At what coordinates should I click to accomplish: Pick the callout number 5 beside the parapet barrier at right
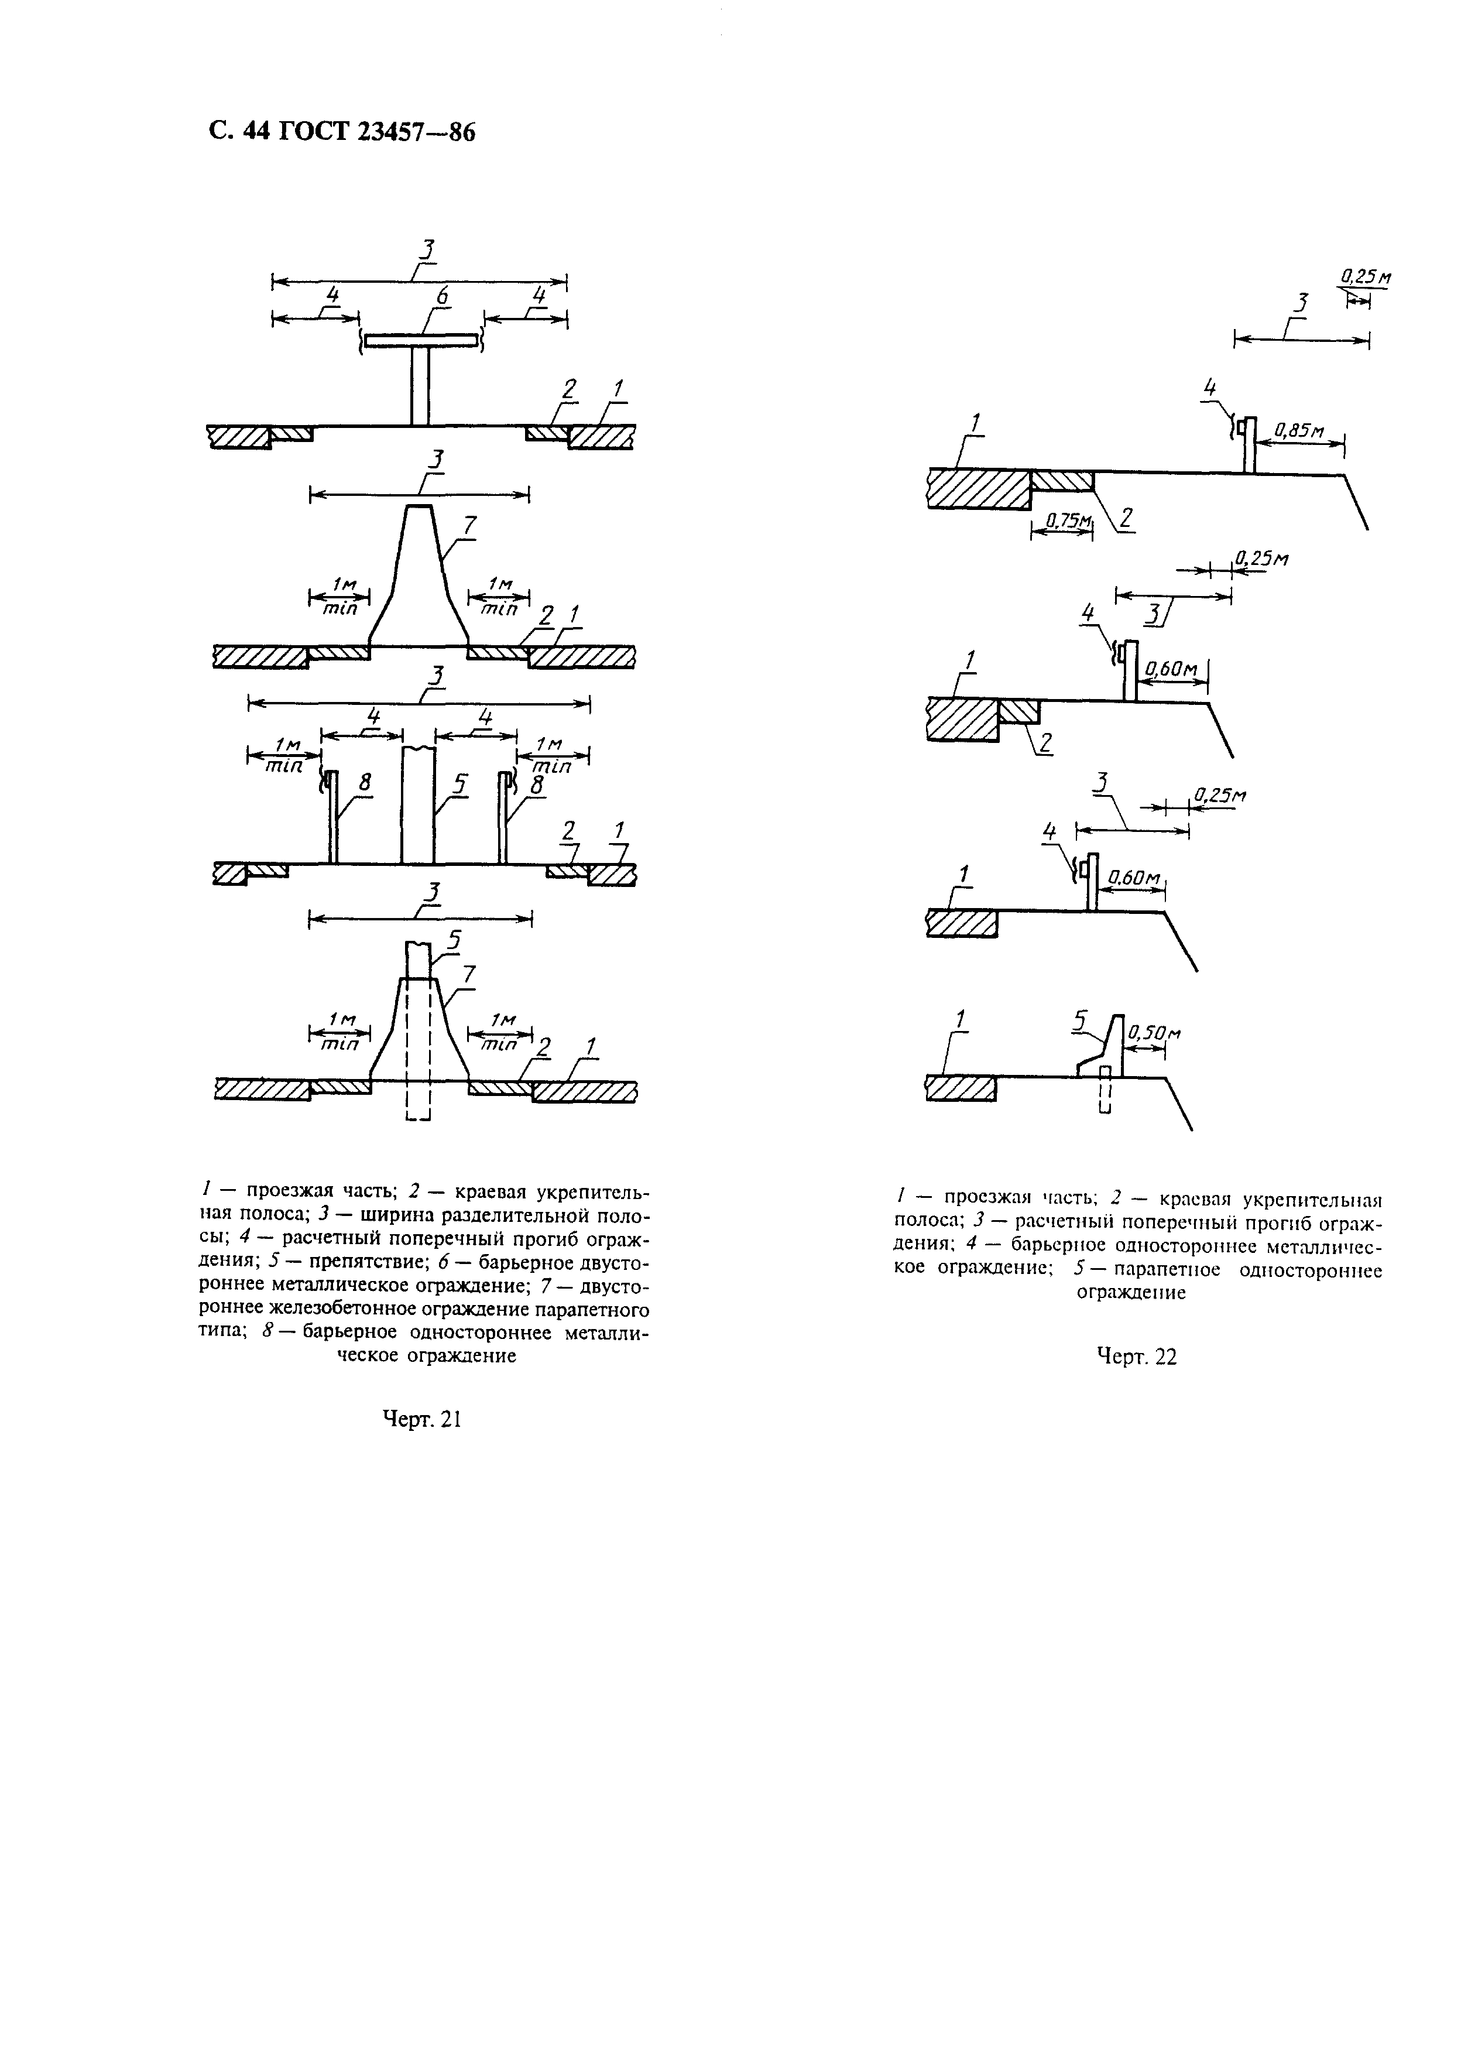coord(1081,1019)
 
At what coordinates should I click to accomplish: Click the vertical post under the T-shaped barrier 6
coord(420,385)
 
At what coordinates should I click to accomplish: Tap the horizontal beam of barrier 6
coord(420,340)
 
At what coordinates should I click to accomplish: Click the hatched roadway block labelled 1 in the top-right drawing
coord(979,488)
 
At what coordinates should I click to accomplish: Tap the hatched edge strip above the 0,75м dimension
coord(1062,479)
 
